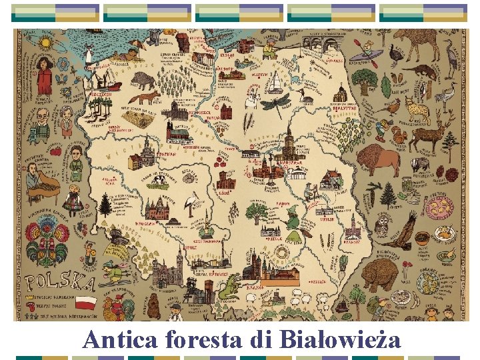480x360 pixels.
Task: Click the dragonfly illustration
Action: click(x=275, y=103)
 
